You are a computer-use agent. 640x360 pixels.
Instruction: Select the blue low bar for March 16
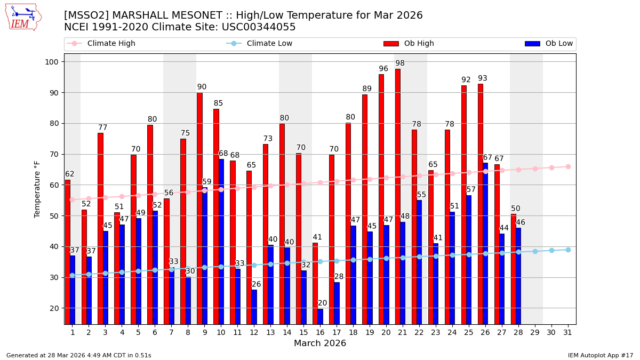321,316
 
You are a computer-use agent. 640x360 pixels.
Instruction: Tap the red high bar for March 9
199,208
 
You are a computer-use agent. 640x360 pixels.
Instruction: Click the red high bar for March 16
315,283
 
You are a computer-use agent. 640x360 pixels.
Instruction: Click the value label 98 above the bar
400,63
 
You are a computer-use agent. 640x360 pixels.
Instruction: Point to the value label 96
383,69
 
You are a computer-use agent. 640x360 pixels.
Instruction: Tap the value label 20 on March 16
322,303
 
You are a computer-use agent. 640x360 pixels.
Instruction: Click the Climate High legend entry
111,44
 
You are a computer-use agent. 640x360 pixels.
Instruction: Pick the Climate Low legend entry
269,44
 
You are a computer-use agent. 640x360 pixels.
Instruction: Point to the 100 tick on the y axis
53,62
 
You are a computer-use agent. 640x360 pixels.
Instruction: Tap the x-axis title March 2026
320,343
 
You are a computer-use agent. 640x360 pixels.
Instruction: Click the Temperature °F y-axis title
37,189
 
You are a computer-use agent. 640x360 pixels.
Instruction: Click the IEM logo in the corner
23,17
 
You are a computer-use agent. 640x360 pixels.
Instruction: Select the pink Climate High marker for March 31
568,166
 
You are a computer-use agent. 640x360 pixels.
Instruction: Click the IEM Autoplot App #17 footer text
600,355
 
